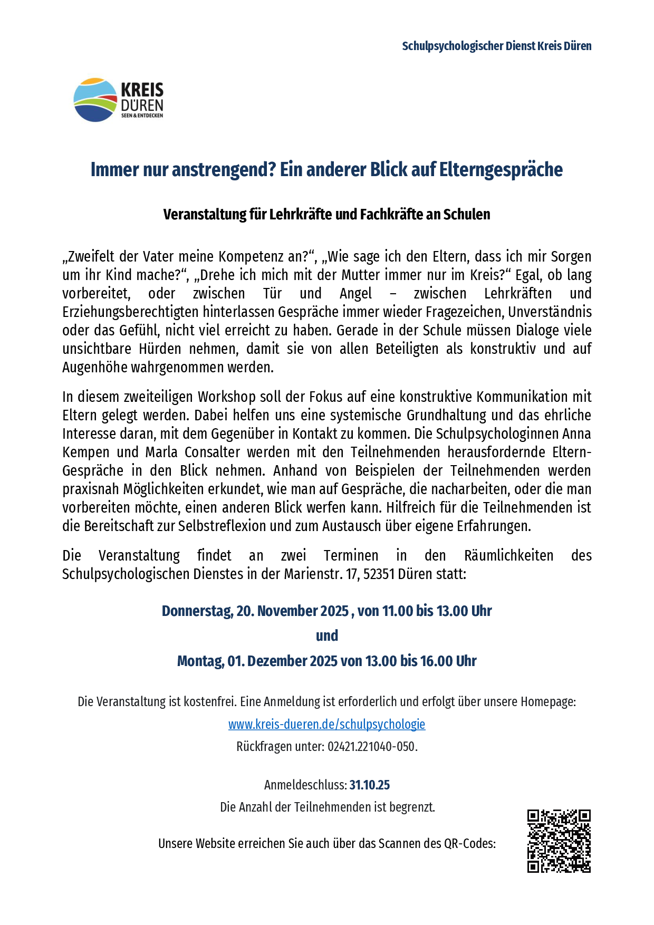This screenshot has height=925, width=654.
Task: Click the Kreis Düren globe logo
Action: click(95, 100)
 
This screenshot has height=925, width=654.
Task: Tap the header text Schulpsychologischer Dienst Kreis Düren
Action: click(496, 46)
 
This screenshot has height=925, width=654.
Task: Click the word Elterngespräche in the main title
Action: click(501, 170)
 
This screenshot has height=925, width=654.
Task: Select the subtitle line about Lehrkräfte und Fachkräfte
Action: click(326, 215)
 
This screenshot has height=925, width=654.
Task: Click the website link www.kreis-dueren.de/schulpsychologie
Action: click(326, 724)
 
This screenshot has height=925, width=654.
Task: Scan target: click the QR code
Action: click(559, 841)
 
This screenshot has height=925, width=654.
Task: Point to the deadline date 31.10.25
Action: click(369, 785)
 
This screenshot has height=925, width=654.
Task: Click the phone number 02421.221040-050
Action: click(371, 747)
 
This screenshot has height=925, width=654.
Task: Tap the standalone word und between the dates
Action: click(326, 635)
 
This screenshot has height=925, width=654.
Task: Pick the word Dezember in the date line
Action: click(277, 661)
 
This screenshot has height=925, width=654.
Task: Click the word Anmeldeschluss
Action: click(305, 785)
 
